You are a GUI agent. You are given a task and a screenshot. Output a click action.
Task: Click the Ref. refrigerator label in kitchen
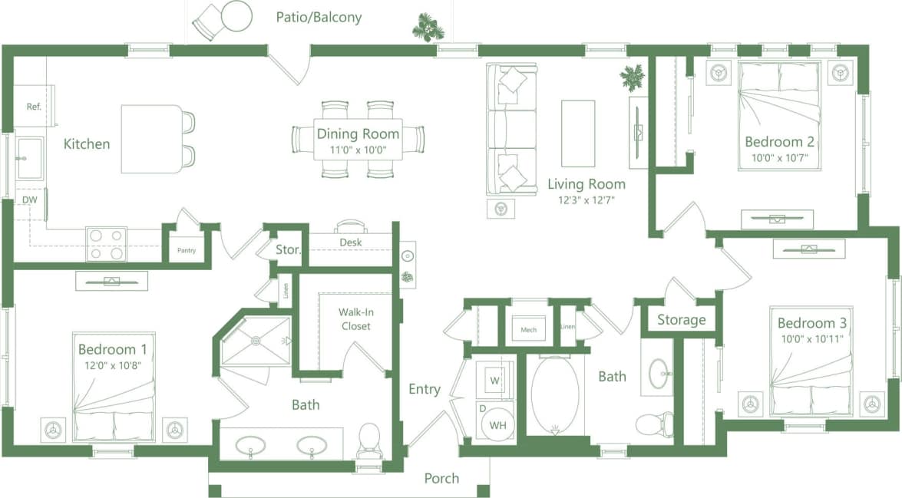(34, 107)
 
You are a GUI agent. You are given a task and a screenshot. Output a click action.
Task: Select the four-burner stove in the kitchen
(106, 244)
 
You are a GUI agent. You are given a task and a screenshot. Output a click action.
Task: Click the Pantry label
(186, 250)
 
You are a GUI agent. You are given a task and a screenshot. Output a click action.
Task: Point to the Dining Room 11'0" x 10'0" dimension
(358, 151)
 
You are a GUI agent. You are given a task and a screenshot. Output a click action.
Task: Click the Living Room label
(586, 184)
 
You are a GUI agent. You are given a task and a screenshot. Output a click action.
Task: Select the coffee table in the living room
(577, 133)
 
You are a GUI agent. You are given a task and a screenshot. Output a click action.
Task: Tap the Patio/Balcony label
(319, 17)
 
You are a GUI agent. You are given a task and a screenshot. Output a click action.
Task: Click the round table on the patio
(236, 16)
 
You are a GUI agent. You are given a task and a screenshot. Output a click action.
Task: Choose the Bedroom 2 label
(779, 142)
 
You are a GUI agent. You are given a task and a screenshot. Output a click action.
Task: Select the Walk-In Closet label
(355, 319)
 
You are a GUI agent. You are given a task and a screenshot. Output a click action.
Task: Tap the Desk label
(350, 242)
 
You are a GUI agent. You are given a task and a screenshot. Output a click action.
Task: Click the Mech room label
(528, 330)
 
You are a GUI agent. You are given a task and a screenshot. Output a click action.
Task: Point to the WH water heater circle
(497, 424)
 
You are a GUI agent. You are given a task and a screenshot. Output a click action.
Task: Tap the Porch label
(441, 478)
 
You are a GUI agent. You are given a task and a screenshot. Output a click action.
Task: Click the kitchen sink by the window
(30, 157)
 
